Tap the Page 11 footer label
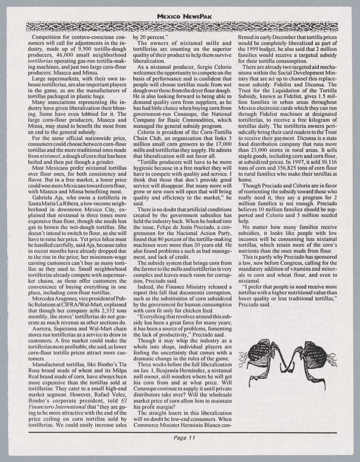184,438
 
